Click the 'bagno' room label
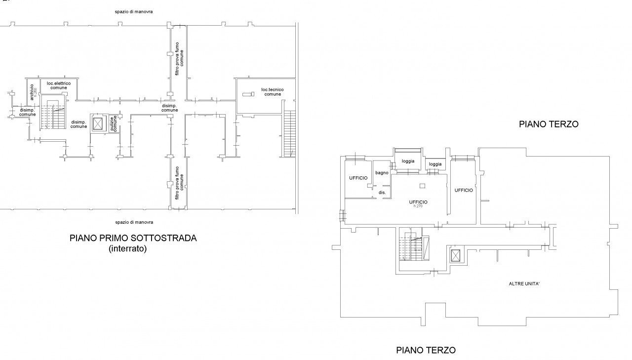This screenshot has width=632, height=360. [x=381, y=172]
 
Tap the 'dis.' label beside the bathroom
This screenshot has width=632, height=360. [x=382, y=192]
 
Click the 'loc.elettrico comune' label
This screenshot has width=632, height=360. [x=59, y=85]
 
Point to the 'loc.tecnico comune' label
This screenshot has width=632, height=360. [x=272, y=92]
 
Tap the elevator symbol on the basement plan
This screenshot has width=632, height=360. [x=98, y=123]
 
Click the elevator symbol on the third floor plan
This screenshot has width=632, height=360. [x=455, y=256]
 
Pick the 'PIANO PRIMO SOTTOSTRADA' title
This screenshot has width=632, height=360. [x=133, y=238]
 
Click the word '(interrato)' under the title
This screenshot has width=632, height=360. [x=127, y=249]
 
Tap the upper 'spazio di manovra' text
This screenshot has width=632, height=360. [x=130, y=11]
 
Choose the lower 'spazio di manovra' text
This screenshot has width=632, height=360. [x=130, y=222]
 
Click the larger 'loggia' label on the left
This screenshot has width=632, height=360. [x=408, y=161]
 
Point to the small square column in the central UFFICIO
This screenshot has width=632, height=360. [x=421, y=186]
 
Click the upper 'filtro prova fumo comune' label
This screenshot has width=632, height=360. [x=179, y=62]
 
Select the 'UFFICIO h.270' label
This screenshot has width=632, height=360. [x=418, y=203]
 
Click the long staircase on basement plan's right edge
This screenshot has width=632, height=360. [x=290, y=132]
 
